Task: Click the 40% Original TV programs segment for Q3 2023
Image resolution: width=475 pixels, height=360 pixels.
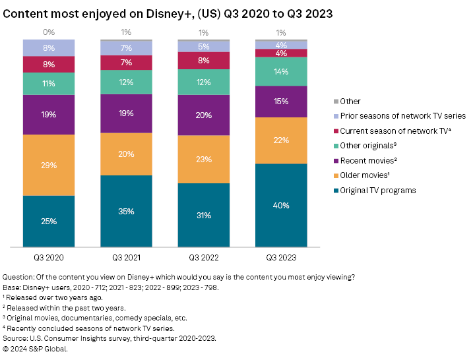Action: tap(282, 205)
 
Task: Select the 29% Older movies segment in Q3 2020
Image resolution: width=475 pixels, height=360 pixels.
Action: tap(49, 165)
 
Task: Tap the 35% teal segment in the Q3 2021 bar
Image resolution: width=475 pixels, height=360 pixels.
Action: tap(126, 211)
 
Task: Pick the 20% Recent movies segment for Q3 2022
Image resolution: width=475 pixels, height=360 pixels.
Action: tap(204, 115)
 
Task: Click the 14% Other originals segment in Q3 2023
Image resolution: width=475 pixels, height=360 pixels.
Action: tap(282, 71)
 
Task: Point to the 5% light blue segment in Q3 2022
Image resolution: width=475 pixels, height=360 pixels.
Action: tap(204, 47)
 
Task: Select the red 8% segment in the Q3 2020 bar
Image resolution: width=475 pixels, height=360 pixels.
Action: tap(49, 64)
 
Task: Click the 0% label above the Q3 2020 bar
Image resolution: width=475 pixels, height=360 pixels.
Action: tap(49, 32)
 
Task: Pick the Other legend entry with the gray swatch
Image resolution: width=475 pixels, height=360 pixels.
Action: tap(350, 101)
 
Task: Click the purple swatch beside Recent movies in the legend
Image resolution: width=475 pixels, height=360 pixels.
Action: tap(336, 161)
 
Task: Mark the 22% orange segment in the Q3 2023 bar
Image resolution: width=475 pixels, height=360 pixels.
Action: tap(282, 140)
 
